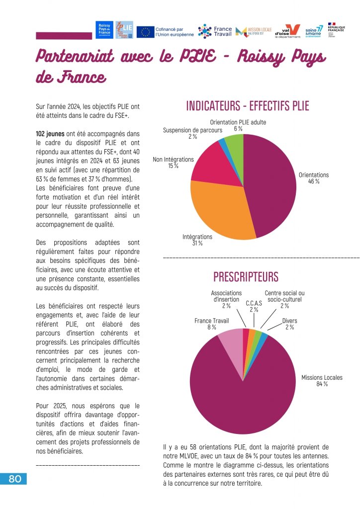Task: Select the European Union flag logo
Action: point(145,32)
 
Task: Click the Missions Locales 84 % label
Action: point(322,381)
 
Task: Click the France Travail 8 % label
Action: point(211,324)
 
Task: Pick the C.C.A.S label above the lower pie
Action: point(254,306)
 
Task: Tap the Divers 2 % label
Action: point(289,324)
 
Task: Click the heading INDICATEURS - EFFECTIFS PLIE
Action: point(247,106)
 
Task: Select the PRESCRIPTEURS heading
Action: point(246,276)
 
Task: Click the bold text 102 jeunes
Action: point(50,134)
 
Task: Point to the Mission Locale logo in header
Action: point(253,31)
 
